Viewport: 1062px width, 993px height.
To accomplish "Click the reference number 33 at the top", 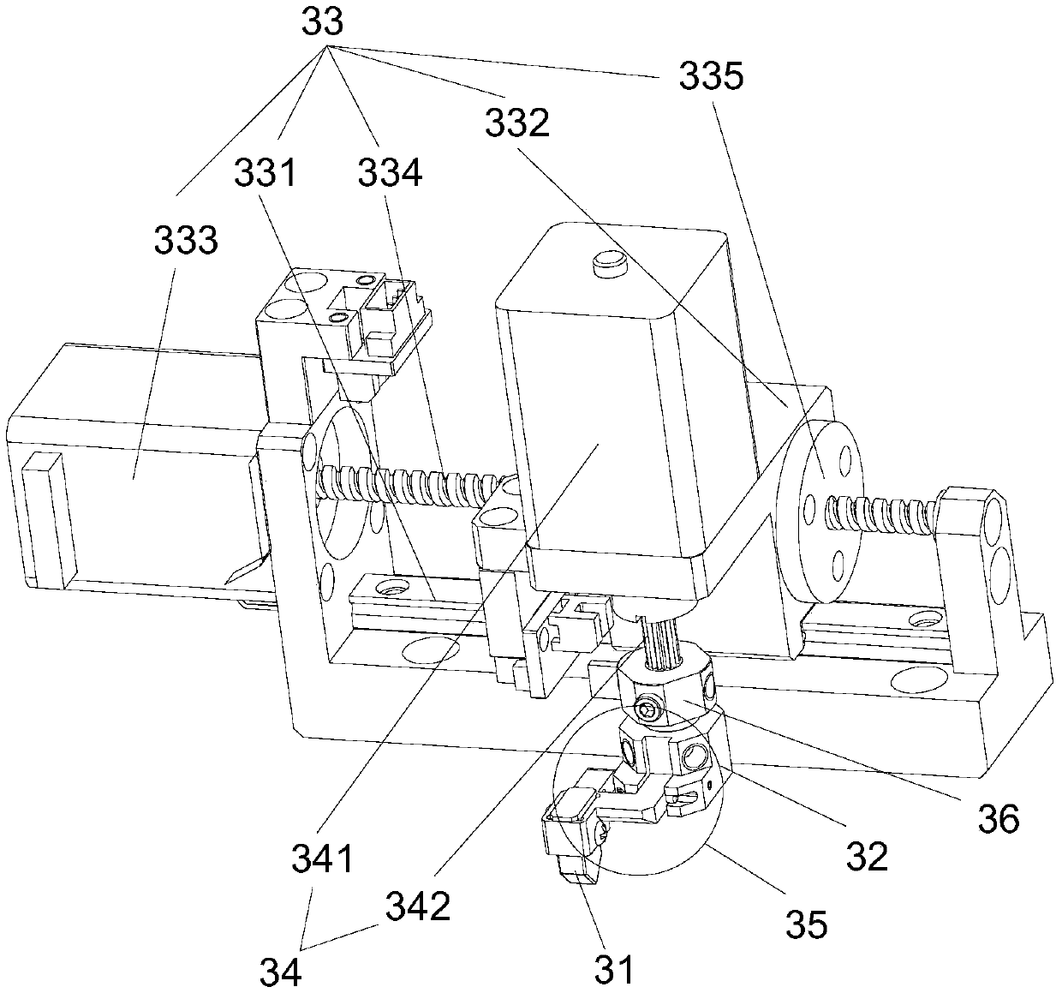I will tap(322, 21).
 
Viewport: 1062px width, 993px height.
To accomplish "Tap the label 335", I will tap(711, 78).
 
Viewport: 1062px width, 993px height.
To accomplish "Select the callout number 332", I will tap(516, 124).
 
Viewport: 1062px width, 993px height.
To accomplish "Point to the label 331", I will tap(266, 173).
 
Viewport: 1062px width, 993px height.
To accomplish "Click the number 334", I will tap(390, 173).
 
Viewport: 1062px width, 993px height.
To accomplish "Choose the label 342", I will tap(418, 906).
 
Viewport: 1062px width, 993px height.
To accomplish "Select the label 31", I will tap(616, 969).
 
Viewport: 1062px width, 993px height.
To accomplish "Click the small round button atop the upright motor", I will tap(607, 260).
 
